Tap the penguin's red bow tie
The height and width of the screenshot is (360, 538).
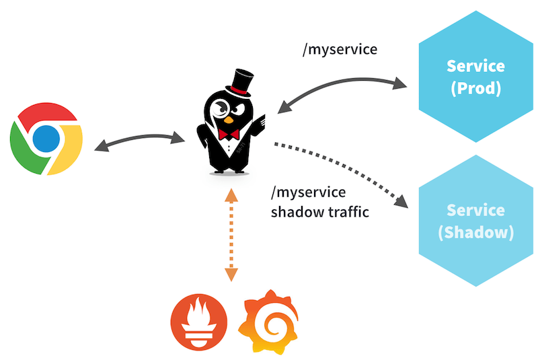(x=231, y=134)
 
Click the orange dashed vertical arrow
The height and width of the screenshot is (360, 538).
(x=231, y=236)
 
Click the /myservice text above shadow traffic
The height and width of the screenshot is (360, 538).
(x=308, y=193)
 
